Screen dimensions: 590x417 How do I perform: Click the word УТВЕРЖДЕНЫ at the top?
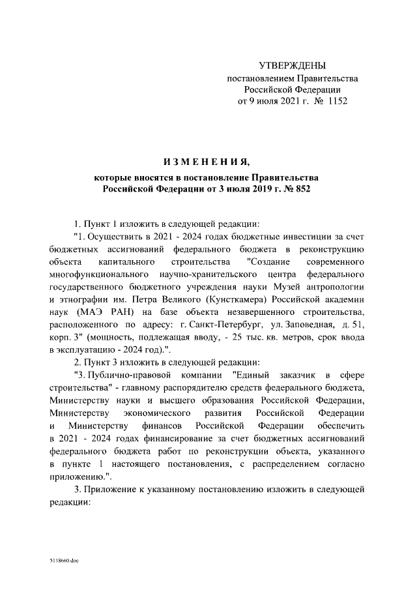tap(292, 66)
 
